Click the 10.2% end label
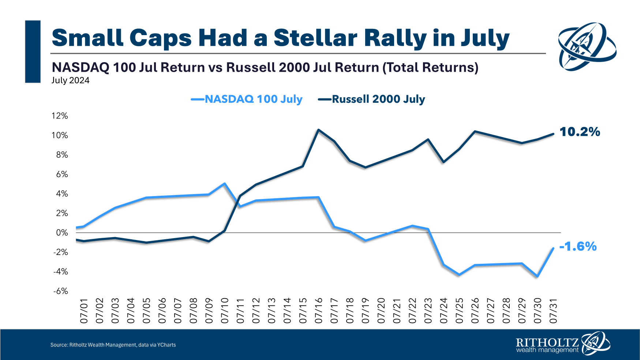[x=580, y=132]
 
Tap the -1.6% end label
[x=578, y=246]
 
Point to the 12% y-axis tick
[x=60, y=116]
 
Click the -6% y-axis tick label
[x=61, y=291]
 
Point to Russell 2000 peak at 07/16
[x=318, y=130]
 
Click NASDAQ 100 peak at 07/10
[x=224, y=184]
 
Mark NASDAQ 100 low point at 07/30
[x=537, y=276]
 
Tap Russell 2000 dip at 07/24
[x=443, y=162]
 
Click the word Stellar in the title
[x=315, y=38]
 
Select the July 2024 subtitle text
[x=70, y=80]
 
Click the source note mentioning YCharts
[x=113, y=345]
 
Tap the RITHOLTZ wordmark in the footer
[x=547, y=343]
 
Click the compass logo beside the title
[x=587, y=46]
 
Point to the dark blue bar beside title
[x=33, y=52]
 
